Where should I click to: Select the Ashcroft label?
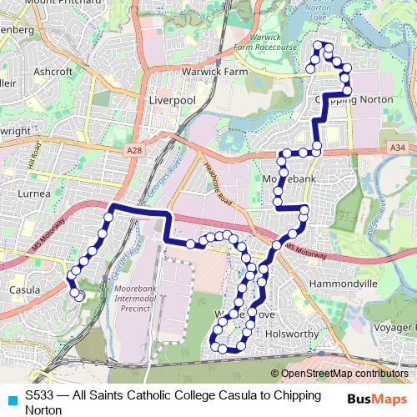[53, 72]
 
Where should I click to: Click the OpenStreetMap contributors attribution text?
[344, 373]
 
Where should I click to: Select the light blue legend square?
[11, 399]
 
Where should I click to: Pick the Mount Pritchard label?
[58, 3]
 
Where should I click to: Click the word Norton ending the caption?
[43, 409]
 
